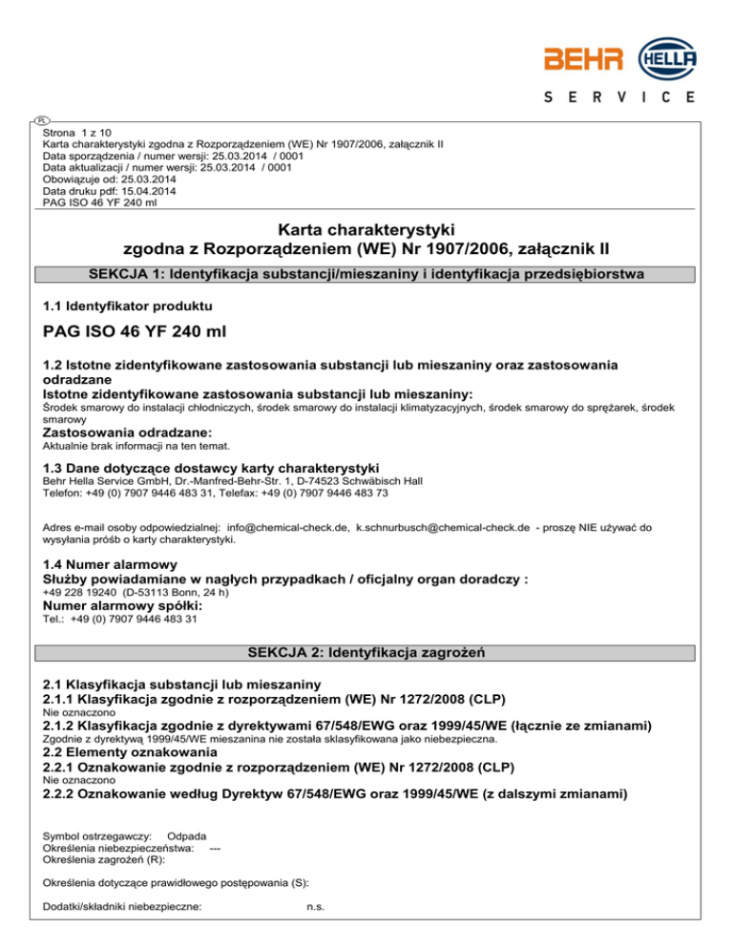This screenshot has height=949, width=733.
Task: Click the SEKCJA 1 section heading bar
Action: pyautogui.click(x=366, y=275)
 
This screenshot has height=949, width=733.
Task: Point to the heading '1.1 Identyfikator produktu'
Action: pyautogui.click(x=128, y=306)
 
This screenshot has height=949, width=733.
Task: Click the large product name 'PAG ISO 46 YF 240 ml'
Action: pyautogui.click(x=139, y=335)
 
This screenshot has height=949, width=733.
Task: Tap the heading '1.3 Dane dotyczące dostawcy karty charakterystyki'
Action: pyautogui.click(x=211, y=467)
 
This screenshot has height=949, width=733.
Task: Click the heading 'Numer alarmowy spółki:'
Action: pyautogui.click(x=123, y=605)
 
